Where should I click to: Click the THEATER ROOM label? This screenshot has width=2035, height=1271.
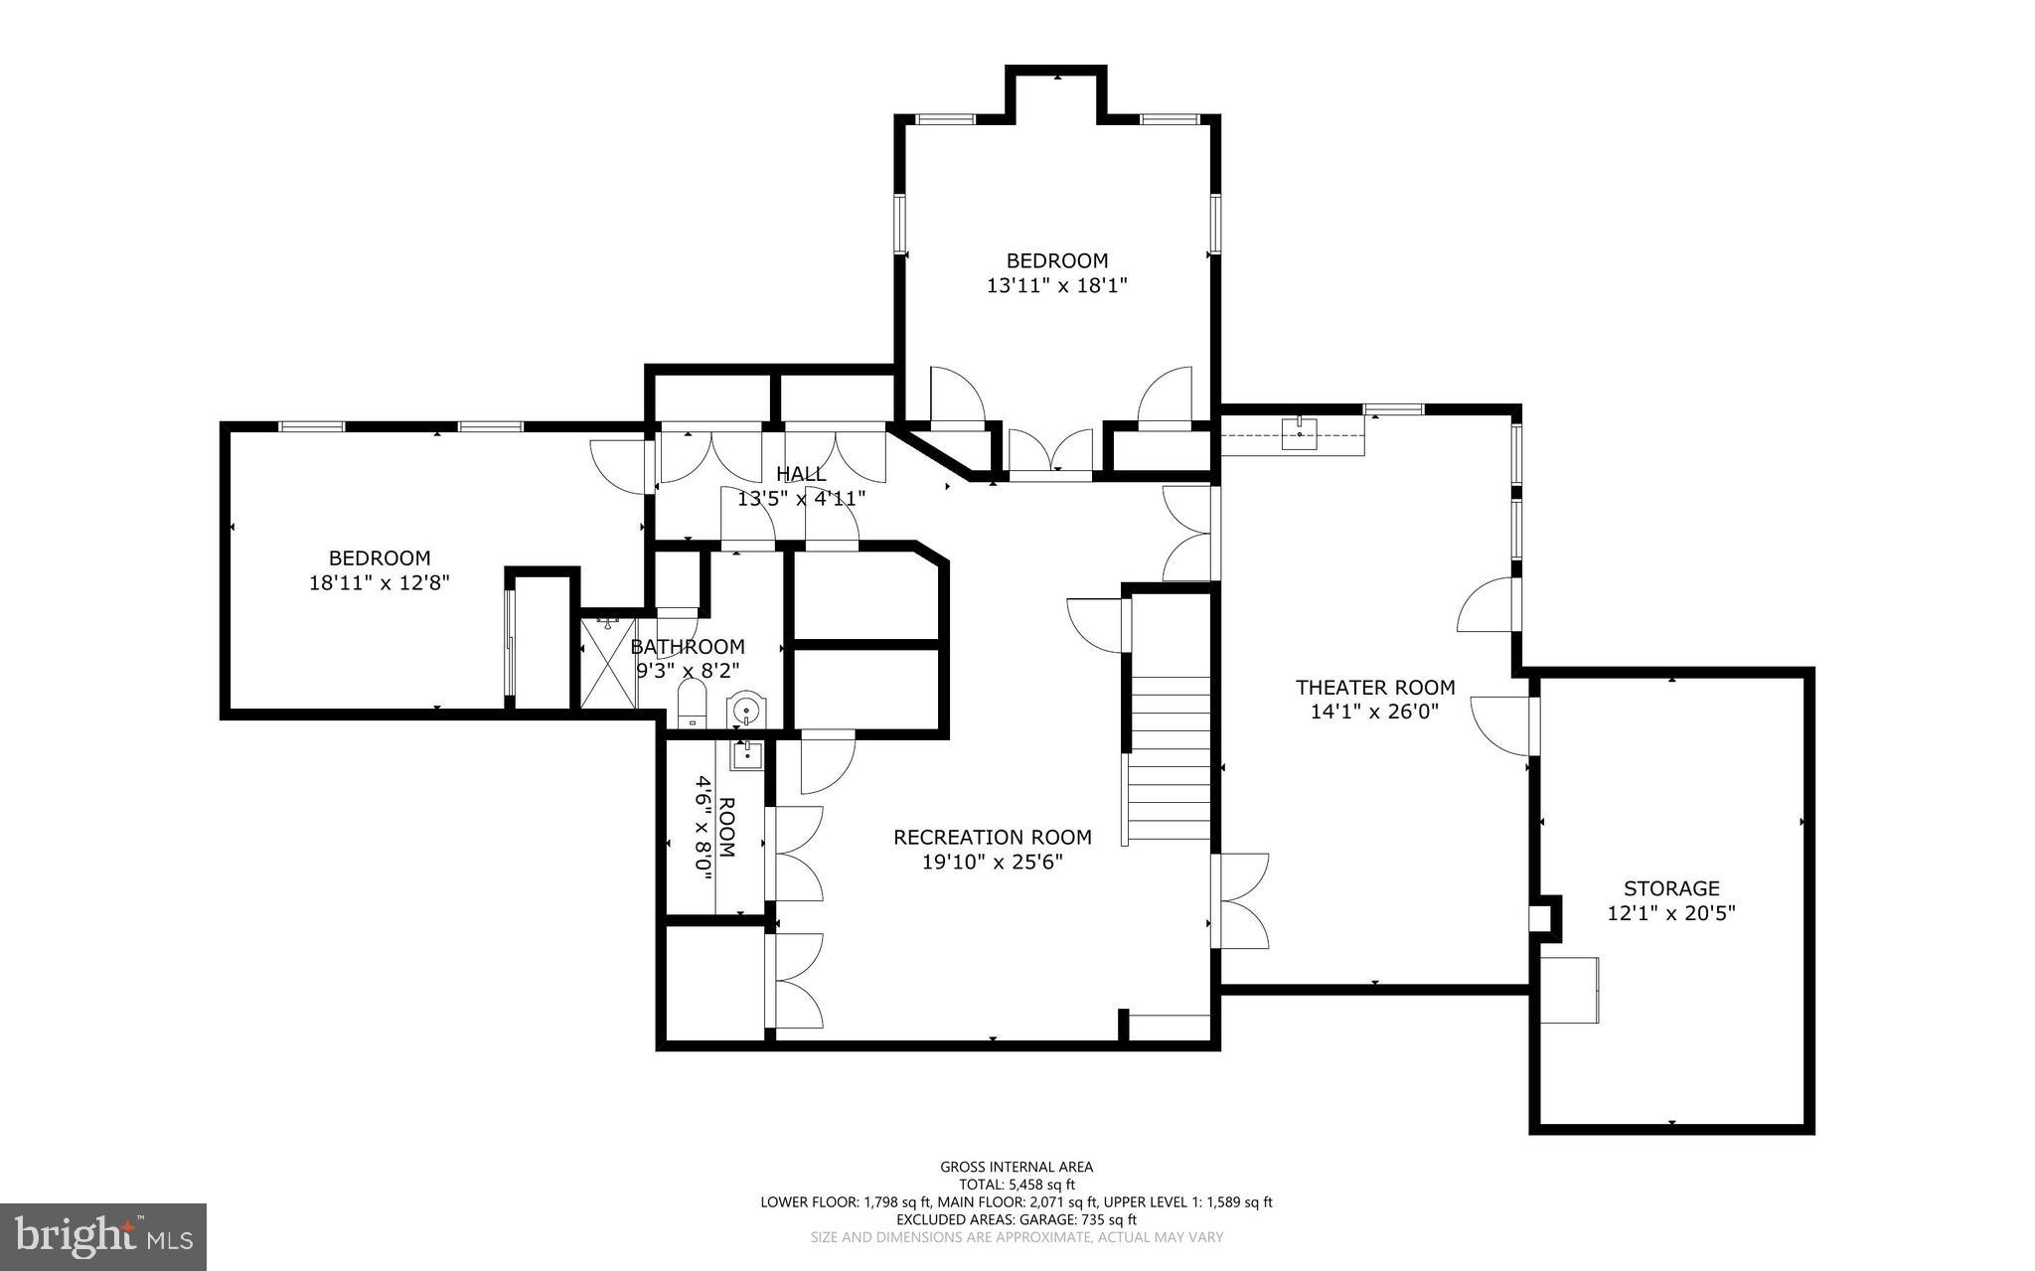point(1375,687)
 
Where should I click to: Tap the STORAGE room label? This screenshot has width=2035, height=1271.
point(1671,888)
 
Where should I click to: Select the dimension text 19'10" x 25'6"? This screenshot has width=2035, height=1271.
point(993,863)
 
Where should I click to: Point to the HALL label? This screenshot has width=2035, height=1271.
point(801,474)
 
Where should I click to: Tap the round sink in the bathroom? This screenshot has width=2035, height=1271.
point(745,710)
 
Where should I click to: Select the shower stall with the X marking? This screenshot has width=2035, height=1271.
point(608,662)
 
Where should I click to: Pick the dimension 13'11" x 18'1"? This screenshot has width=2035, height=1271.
point(1057,286)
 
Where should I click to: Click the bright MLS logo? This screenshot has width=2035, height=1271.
point(103,1236)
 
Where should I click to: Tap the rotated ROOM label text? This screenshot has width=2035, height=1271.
point(726,828)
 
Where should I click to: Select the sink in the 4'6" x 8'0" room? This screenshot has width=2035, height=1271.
point(746,756)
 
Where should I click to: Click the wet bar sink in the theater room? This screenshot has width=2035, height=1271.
point(1300,434)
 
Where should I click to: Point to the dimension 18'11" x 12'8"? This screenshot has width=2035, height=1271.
point(380,583)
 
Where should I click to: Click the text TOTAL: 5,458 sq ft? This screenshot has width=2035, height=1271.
point(1017,1185)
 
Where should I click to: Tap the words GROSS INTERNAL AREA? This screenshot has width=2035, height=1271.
point(1017,1167)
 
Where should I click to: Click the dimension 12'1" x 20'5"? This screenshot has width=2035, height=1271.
point(1671,913)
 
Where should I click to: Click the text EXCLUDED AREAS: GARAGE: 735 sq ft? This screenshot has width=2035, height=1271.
point(1017,1219)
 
